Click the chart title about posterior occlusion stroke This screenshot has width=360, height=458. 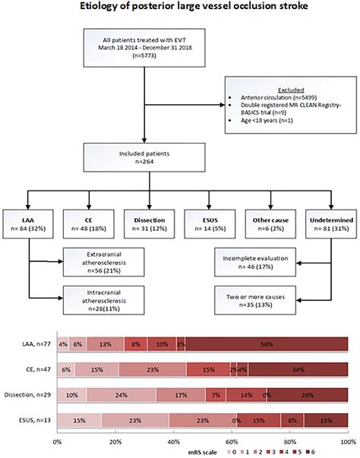(180, 8)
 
